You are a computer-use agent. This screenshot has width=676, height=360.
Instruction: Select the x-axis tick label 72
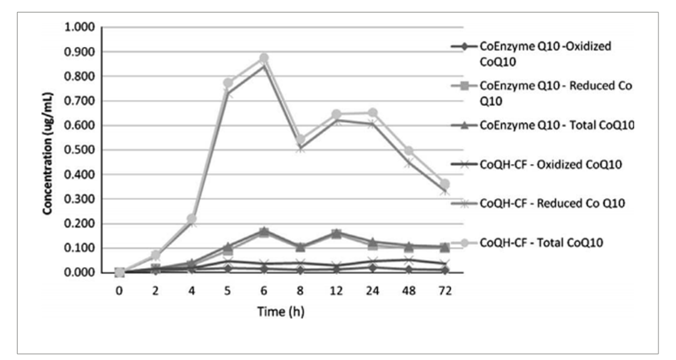444,291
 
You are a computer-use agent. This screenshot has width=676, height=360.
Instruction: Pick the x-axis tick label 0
120,291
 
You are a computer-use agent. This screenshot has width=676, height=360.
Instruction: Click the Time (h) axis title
281,311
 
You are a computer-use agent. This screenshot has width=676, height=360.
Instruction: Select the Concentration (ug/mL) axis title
48,150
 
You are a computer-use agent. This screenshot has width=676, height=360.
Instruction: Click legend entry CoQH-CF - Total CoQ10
541,242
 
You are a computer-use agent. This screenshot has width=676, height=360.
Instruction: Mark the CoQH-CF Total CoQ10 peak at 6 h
264,58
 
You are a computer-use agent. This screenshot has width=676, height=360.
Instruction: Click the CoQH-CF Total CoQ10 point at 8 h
300,140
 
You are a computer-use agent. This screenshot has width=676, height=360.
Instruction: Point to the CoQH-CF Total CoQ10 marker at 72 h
444,184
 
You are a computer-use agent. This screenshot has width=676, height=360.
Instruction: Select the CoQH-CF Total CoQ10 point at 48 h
408,151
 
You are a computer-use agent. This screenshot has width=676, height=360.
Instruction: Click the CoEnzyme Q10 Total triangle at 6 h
264,231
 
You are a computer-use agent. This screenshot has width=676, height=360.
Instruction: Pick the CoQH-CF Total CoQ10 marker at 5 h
228,83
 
